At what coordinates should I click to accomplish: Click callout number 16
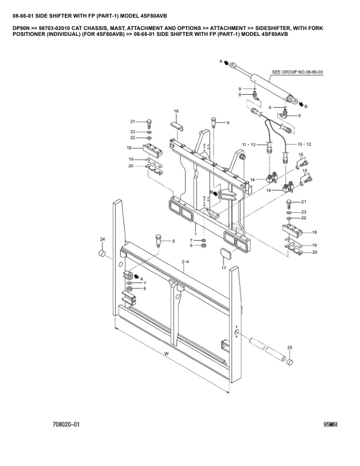pyautogui.click(x=176, y=111)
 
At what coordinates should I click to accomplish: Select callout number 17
pyautogui.click(x=224, y=268)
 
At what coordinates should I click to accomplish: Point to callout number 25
pyautogui.click(x=289, y=348)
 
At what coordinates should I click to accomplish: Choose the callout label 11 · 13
pyautogui.click(x=249, y=144)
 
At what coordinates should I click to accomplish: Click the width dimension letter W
pyautogui.click(x=166, y=353)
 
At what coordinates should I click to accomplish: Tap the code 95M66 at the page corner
pyautogui.click(x=331, y=424)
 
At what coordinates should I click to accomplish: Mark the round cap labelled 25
pyautogui.click(x=290, y=363)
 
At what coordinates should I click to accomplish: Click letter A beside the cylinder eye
pyautogui.click(x=221, y=61)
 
